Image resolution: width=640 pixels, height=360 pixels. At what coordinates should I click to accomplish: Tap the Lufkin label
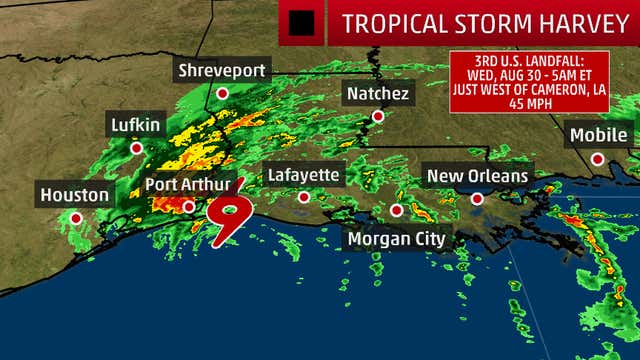135,125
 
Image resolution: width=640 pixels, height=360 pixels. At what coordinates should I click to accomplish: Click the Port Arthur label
189,184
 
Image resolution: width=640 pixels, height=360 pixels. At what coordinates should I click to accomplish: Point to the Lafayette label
305,175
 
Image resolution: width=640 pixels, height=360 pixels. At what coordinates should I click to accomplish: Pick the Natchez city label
377,93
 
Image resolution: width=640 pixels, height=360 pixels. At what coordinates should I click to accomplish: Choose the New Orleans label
477,176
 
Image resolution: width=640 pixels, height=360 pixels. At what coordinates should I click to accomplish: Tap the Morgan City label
396,239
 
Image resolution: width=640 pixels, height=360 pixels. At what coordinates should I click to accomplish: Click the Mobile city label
597,134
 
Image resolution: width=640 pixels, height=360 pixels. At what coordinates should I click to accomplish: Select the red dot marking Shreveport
223,93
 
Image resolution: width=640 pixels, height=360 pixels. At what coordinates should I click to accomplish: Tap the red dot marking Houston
76,217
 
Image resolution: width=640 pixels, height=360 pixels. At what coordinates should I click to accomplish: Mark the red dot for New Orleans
478,199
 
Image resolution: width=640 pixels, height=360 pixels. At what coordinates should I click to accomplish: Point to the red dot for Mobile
597,158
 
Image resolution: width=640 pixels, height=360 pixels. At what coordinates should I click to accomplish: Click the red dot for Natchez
378,116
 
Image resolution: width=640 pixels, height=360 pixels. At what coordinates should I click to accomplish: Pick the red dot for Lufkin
136,148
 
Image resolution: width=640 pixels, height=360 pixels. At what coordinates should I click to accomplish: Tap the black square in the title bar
301,22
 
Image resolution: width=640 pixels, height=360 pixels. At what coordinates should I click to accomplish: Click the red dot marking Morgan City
397,210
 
